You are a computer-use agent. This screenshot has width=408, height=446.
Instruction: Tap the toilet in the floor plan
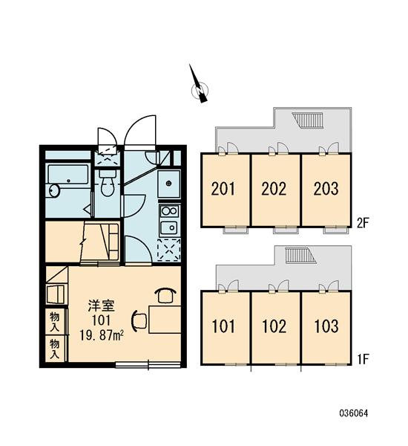108,183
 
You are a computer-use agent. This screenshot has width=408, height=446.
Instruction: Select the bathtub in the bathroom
68,175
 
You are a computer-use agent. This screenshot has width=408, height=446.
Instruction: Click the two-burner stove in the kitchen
169,211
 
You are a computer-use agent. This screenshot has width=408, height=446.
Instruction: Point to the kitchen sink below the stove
169,227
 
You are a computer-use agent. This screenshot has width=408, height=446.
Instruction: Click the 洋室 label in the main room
102,306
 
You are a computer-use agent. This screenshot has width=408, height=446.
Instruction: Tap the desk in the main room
165,320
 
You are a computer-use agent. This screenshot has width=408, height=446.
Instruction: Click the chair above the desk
165,296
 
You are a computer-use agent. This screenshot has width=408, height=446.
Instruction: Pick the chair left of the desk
139,321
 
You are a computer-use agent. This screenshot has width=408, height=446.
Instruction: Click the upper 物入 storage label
54,321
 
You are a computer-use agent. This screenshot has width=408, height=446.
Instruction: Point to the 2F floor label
363,224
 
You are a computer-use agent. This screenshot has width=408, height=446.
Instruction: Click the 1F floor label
363,360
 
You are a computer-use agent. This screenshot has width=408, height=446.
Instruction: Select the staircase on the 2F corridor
308,120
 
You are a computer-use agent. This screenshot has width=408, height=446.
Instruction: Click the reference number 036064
354,413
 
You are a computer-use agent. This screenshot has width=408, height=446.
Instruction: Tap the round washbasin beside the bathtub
54,190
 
